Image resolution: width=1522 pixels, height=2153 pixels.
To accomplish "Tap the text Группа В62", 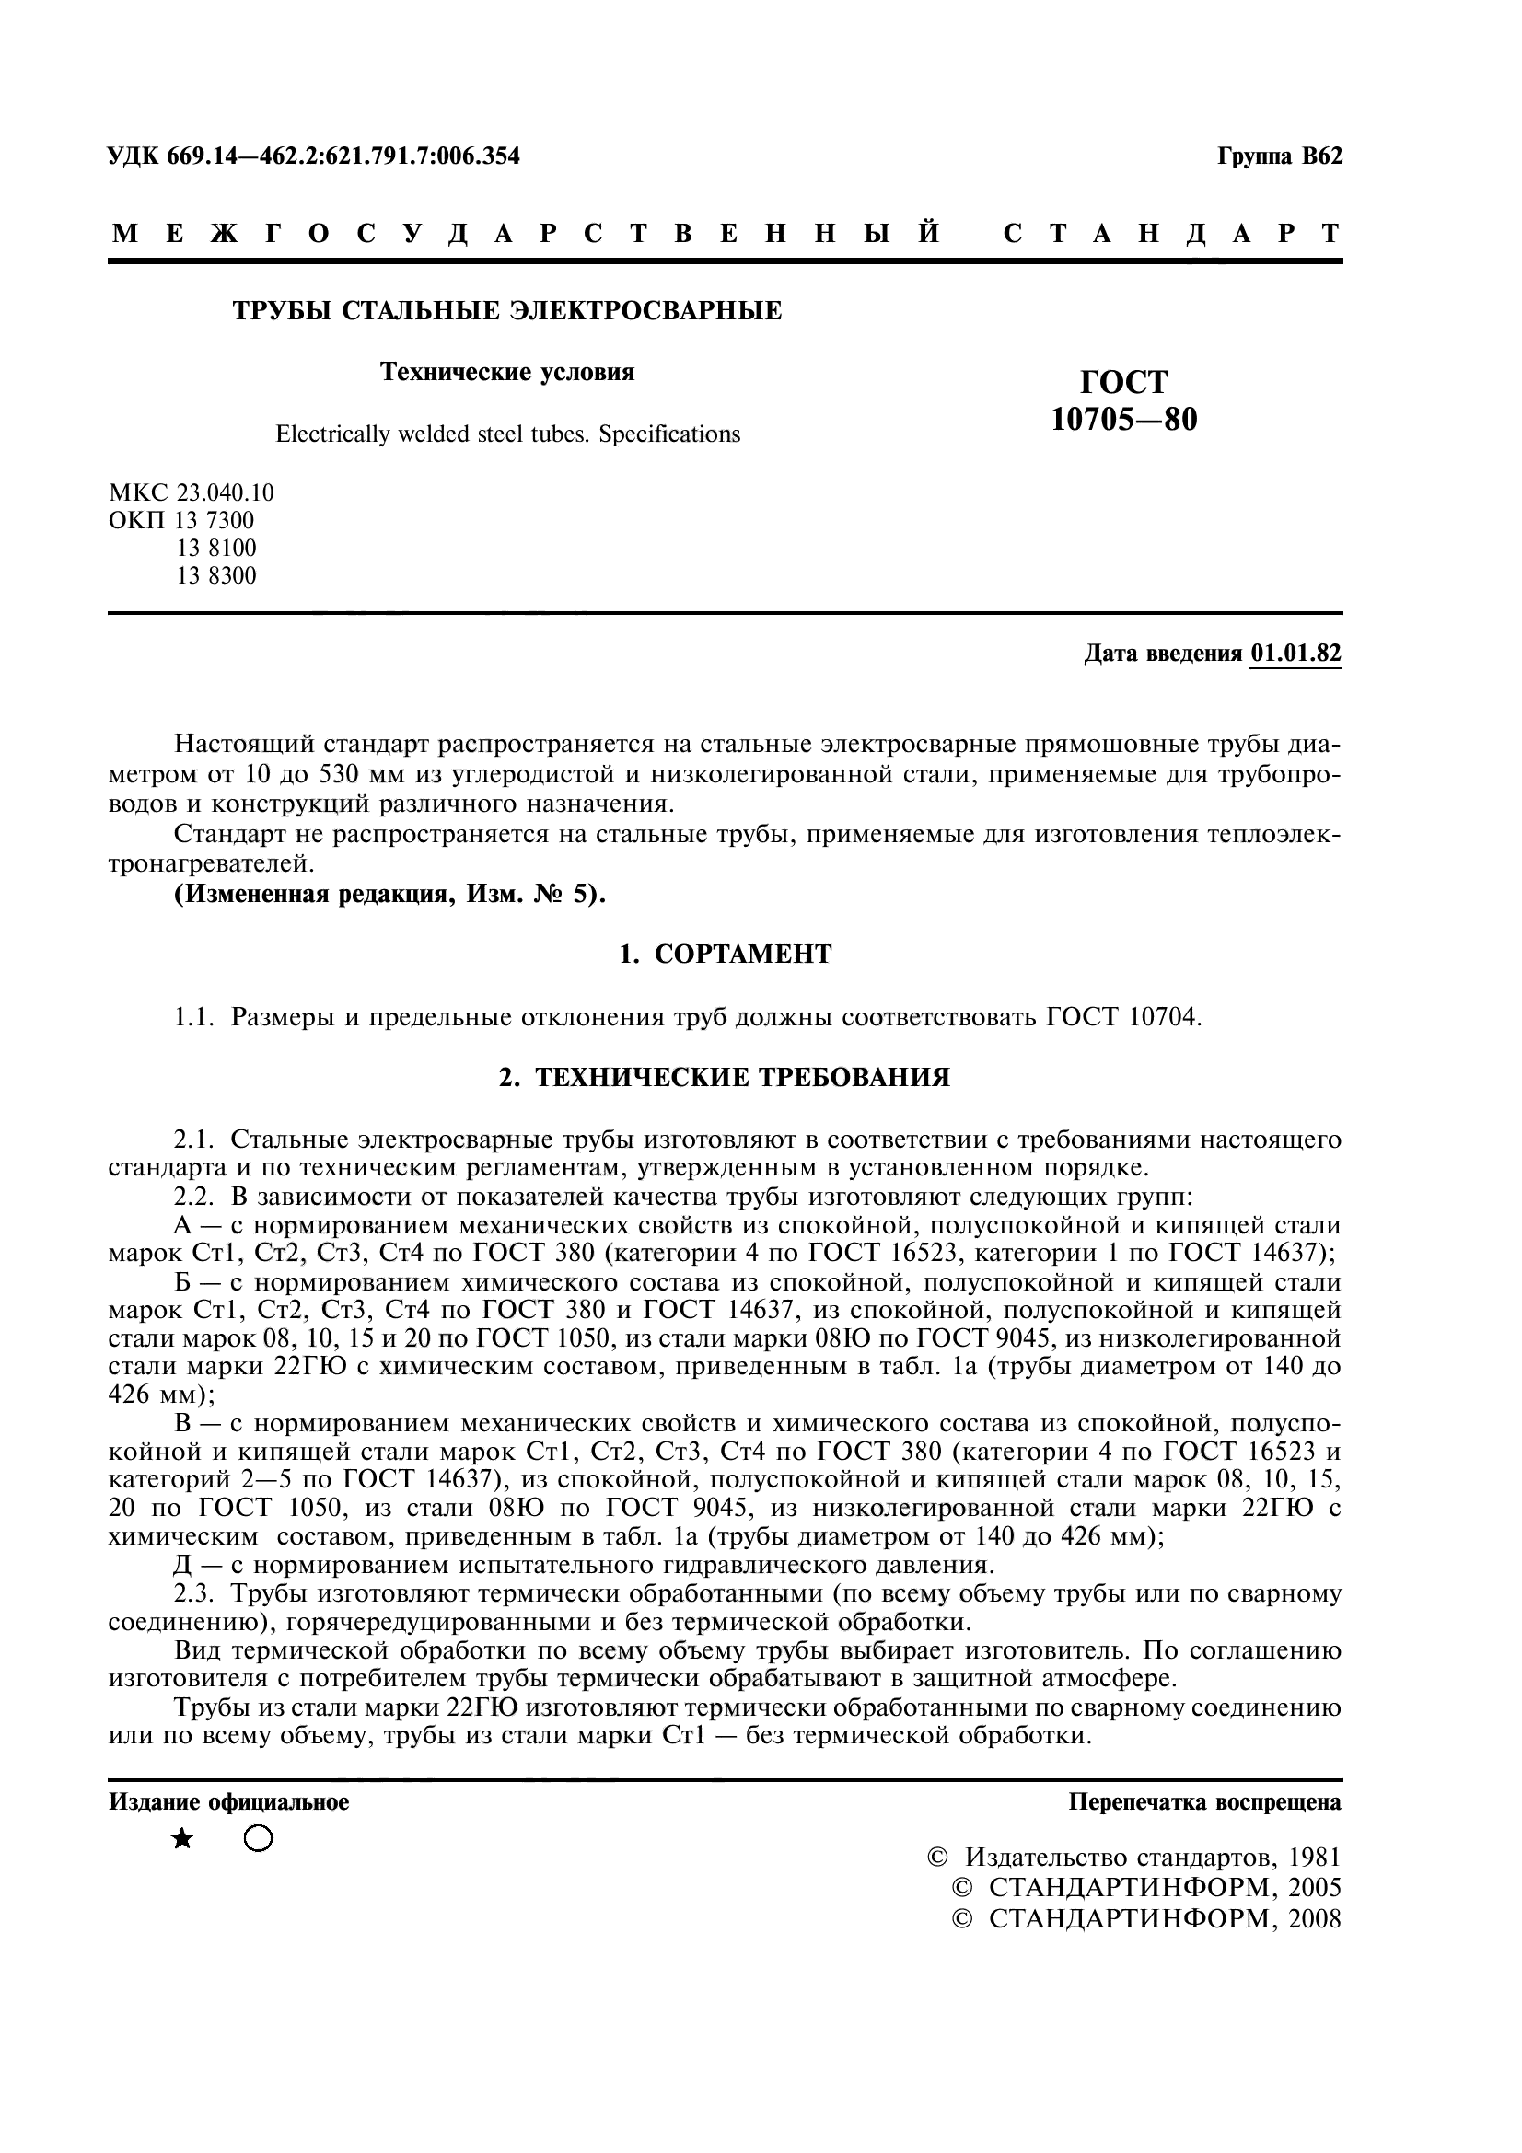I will (x=1279, y=156).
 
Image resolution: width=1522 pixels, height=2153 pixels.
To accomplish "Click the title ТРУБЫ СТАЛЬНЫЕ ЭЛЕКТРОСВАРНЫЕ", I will (x=507, y=310).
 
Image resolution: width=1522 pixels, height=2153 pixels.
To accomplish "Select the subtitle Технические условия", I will (x=507, y=372).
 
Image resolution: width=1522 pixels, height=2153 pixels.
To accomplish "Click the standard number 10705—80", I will (x=1123, y=419).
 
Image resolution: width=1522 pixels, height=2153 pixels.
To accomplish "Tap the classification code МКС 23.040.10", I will (x=192, y=492).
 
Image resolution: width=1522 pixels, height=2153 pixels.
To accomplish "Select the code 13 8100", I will (x=215, y=548).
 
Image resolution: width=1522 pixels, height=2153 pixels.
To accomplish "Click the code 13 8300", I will (x=215, y=575).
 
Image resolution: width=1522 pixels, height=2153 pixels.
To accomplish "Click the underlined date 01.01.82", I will (x=1295, y=654).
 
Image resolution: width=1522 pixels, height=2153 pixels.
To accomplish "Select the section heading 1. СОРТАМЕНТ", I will (x=725, y=955).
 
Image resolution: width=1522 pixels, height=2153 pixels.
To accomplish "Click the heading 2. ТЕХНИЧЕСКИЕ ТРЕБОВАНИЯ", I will (x=725, y=1078).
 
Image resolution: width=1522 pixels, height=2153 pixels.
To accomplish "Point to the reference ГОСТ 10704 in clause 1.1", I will (x=1123, y=1016).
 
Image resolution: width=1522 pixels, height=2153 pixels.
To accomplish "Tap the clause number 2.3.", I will (x=194, y=1593).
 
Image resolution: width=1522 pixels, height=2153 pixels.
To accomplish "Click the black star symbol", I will (x=182, y=1839).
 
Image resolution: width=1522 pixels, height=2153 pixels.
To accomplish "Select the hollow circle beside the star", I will (x=258, y=1839).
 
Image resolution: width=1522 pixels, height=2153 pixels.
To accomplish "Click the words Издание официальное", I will (x=229, y=1801).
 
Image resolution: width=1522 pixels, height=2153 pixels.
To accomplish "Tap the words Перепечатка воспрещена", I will (x=1204, y=1801).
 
